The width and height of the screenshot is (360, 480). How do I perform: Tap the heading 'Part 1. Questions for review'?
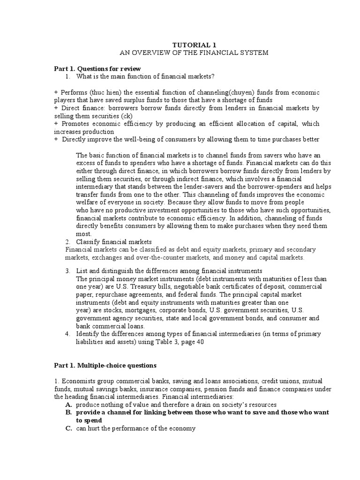[97, 68]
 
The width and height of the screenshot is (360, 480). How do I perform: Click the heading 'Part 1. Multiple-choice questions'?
[105, 365]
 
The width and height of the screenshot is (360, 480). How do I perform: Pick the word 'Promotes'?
[74, 124]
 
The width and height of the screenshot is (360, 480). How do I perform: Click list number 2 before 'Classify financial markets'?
[68, 242]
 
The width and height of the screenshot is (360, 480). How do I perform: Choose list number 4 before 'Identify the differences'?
[68, 334]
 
